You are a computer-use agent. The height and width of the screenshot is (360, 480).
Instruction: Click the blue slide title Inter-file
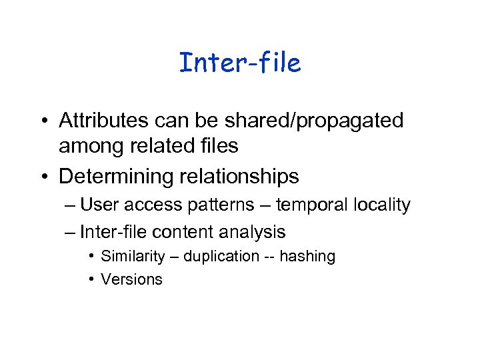point(240,63)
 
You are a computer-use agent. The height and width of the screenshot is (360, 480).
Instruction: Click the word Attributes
point(107,121)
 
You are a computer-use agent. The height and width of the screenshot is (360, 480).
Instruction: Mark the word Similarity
point(134,257)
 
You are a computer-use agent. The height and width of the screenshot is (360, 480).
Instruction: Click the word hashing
point(308,257)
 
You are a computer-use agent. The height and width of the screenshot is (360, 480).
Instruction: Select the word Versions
point(131,279)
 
